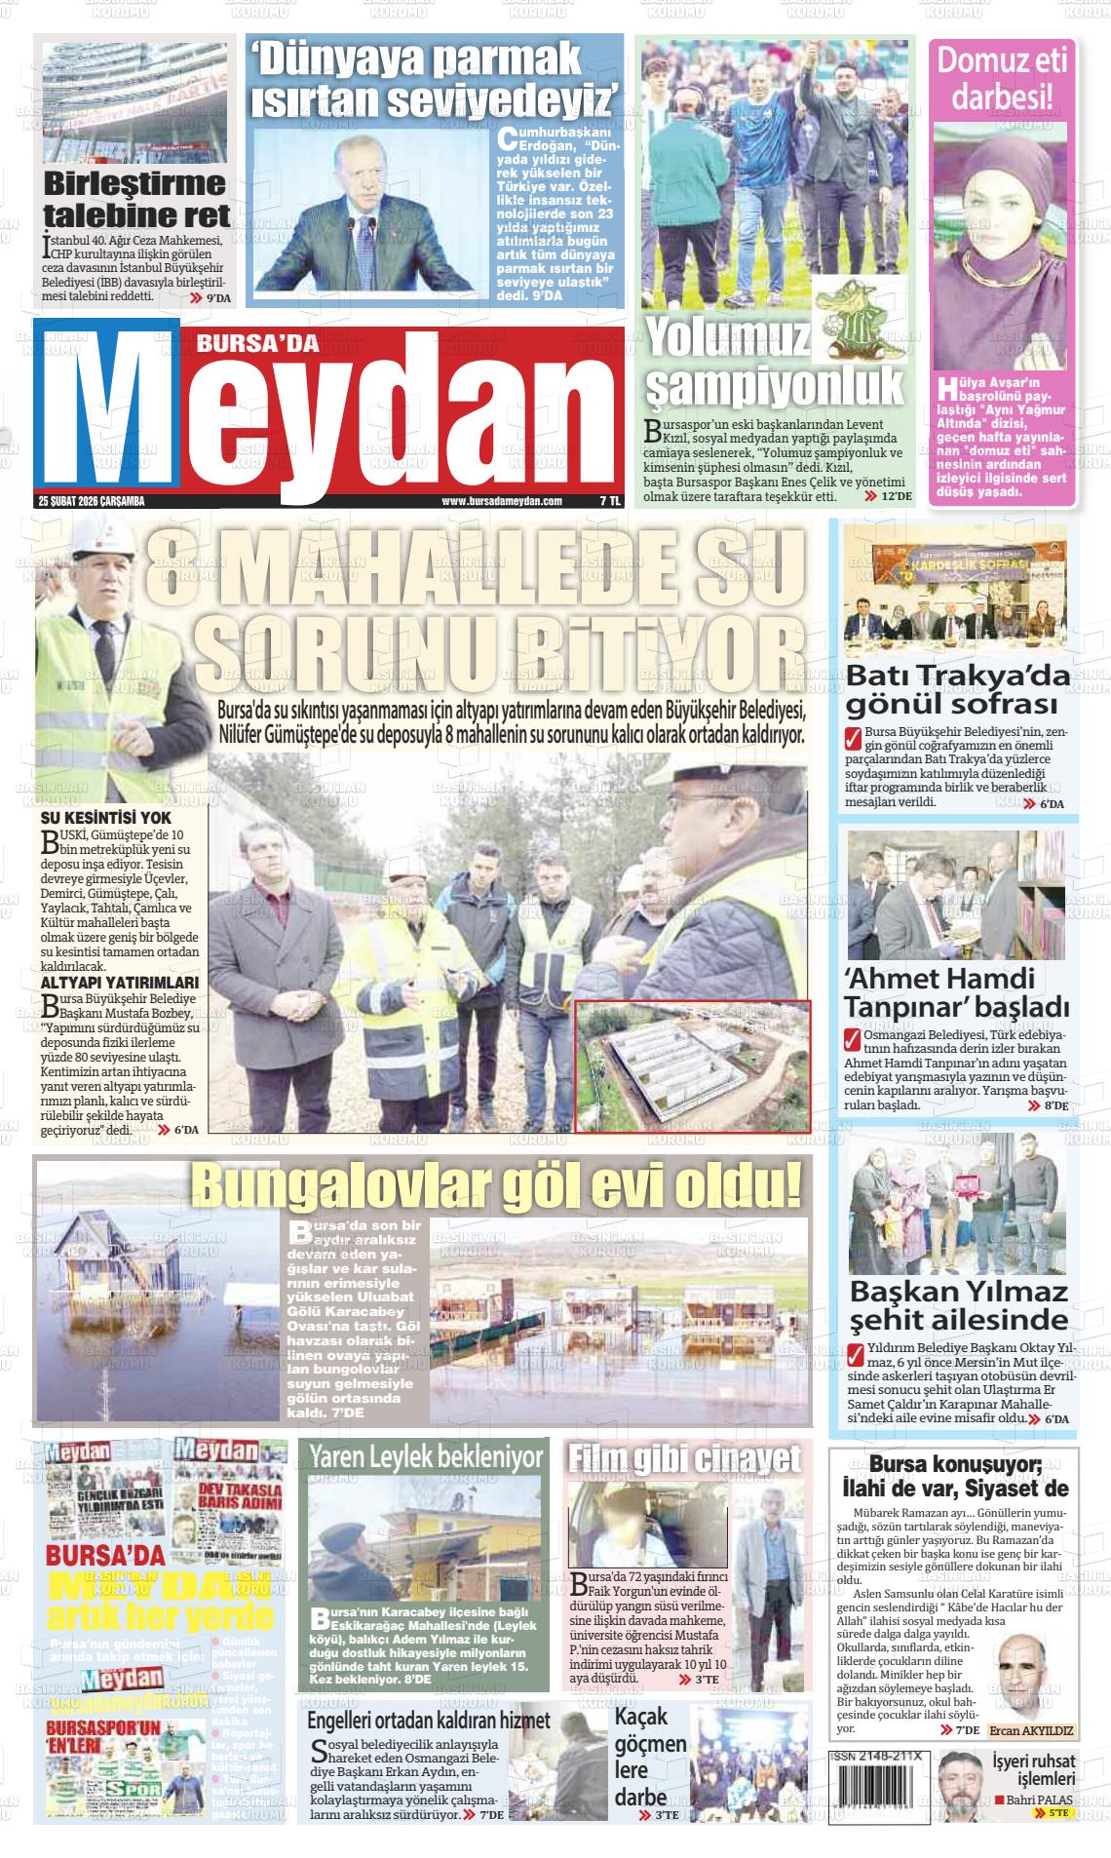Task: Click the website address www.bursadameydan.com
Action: [x=502, y=501]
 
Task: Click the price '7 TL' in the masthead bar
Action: [x=610, y=501]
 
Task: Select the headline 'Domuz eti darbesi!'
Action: [x=1003, y=80]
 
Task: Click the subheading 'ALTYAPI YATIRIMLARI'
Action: [x=120, y=982]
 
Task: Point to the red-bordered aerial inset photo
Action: [x=693, y=1065]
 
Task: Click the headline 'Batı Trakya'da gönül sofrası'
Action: [x=957, y=689]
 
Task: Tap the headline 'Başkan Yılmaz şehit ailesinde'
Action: [x=959, y=1305]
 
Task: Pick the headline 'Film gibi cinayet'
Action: [x=685, y=1457]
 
